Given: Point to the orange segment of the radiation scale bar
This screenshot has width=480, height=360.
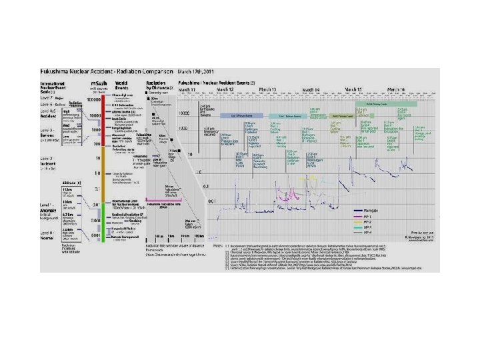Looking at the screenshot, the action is pyautogui.click(x=100, y=180).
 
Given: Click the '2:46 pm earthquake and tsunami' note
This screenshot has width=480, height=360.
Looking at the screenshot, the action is pyautogui.click(x=205, y=109).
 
